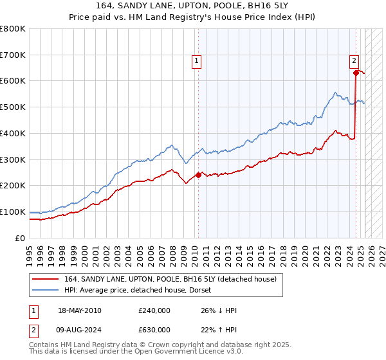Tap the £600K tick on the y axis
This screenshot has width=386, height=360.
tap(13, 81)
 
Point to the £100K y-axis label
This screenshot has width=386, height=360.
tap(13, 212)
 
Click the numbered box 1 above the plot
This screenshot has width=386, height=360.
tap(196, 62)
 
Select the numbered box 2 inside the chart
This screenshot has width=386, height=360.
tap(354, 62)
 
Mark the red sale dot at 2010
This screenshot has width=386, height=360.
tap(198, 175)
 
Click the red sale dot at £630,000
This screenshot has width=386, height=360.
tap(356, 73)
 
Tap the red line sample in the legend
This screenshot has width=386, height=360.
tap(45, 279)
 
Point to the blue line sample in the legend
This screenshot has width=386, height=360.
tap(45, 290)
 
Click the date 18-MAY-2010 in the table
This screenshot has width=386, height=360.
tap(79, 311)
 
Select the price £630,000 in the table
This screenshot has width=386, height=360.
tap(154, 330)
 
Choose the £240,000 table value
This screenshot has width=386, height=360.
tap(154, 311)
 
